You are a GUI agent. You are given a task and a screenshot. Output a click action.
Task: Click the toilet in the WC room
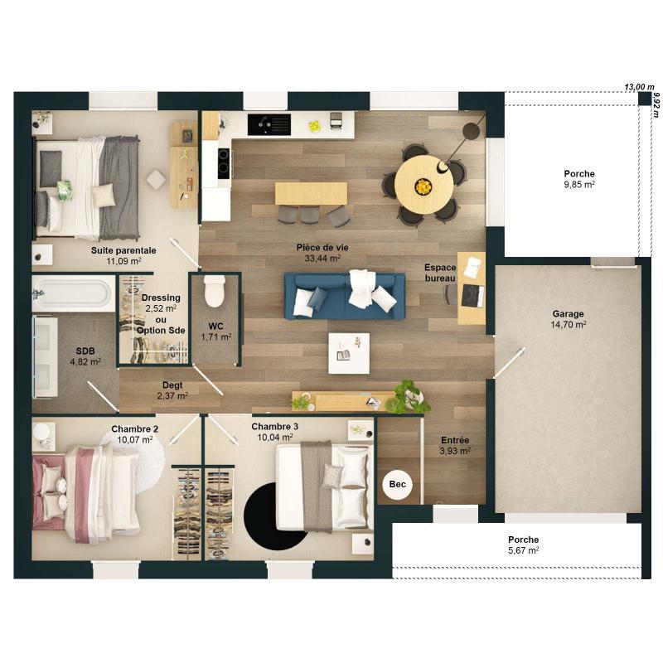[215, 291]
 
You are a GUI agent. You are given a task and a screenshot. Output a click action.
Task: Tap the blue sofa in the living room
[345, 297]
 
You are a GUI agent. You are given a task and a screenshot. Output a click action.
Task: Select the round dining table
[423, 185]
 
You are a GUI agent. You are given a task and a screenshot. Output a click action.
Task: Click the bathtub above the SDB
[72, 294]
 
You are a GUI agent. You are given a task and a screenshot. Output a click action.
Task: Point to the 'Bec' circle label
[397, 485]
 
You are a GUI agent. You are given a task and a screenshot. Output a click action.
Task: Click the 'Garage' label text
[569, 314]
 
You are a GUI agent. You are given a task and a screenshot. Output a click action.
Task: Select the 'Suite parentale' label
[124, 249]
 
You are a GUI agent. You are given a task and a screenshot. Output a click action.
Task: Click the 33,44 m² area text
[323, 259]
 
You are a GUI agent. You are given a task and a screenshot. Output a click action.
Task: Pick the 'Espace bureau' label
[440, 273]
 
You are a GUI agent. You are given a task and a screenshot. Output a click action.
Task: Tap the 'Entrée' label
[454, 440]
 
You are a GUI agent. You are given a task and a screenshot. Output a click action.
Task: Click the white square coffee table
[349, 353]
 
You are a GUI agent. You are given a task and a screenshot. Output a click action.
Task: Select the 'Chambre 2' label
[134, 428]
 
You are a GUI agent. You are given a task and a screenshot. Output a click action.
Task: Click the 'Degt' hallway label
[172, 385]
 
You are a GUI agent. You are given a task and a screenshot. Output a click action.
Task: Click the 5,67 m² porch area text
[523, 549]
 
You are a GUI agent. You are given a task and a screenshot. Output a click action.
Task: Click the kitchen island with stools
[312, 194]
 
